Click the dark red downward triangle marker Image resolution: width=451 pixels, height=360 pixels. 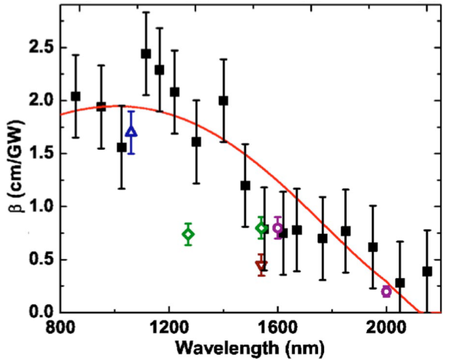[x=261, y=266]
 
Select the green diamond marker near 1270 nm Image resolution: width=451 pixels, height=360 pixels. [x=188, y=234]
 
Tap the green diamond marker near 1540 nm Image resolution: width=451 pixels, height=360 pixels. [x=261, y=229]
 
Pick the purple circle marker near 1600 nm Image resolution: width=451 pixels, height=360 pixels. [x=277, y=228]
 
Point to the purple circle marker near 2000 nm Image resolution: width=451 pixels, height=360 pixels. [x=386, y=291]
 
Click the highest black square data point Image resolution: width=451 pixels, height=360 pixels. [x=146, y=53]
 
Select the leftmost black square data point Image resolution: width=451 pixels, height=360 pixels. [x=75, y=96]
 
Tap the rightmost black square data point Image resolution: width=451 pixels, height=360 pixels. [x=427, y=271]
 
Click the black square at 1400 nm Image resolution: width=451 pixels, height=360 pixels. [x=223, y=101]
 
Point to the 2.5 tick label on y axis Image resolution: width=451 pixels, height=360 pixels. [x=40, y=47]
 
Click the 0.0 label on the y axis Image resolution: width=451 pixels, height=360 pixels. [x=40, y=313]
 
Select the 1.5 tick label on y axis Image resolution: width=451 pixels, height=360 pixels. [x=40, y=153]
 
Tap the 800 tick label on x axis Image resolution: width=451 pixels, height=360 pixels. [x=61, y=327]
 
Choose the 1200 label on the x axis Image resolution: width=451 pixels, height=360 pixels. [x=169, y=327]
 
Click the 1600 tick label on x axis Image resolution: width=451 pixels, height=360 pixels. [x=277, y=327]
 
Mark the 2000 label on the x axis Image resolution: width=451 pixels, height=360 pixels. [x=386, y=327]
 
